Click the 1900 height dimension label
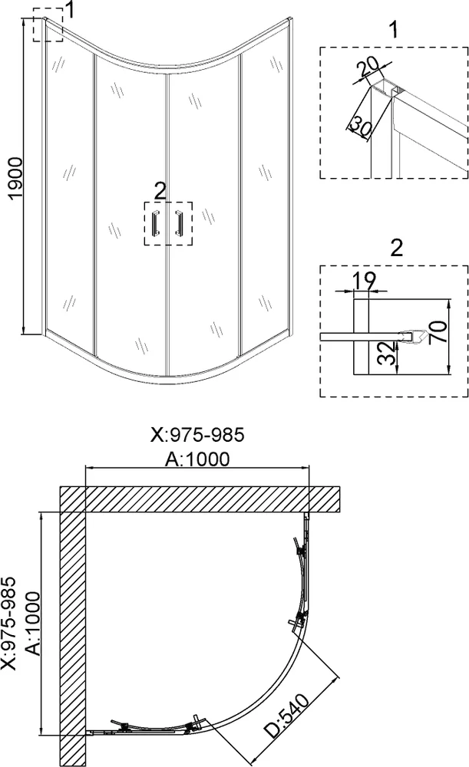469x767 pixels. (15, 178)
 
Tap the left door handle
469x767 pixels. (156, 223)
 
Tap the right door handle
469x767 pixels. (179, 223)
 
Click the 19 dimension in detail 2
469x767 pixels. (365, 281)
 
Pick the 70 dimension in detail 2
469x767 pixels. (439, 331)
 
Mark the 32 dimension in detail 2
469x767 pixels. (387, 353)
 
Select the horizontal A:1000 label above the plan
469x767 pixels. (197, 459)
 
